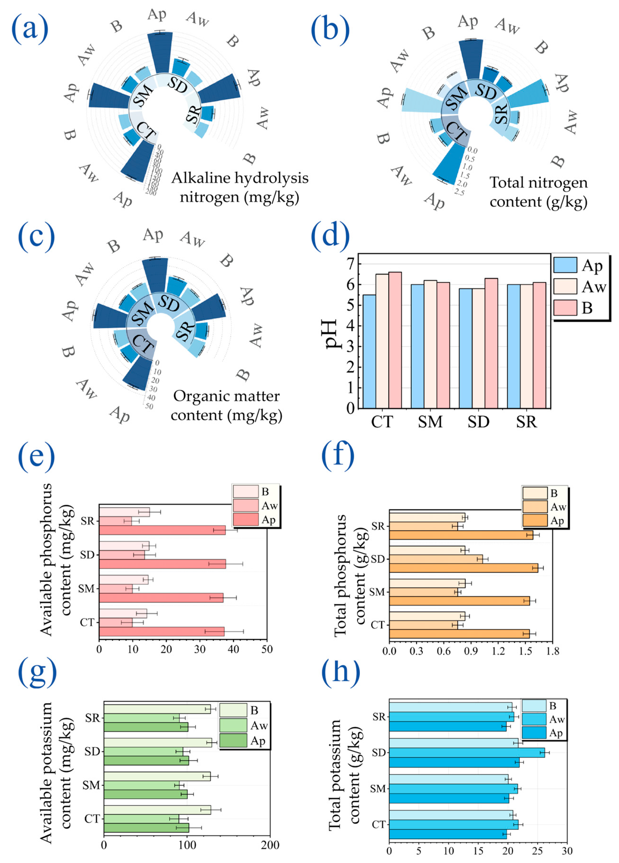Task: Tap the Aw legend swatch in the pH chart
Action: point(565,286)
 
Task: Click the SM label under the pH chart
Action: point(430,422)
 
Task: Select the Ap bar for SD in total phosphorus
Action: point(463,568)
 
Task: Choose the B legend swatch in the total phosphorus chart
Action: point(534,493)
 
